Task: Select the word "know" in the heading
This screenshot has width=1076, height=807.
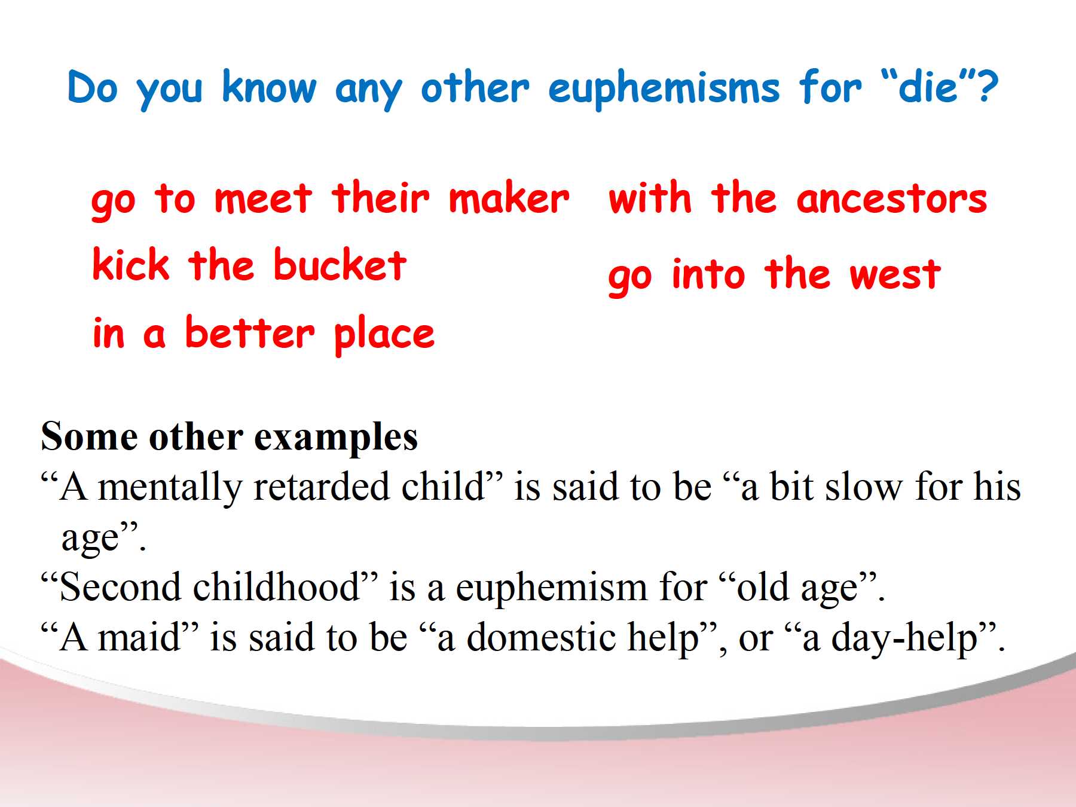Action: coord(269,87)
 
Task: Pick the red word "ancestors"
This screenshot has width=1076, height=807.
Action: coord(891,199)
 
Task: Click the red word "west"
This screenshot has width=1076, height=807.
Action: coord(895,275)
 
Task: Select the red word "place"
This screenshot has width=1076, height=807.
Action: coord(384,335)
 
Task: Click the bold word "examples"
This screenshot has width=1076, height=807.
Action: coord(336,438)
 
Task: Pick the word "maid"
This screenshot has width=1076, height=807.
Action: coord(139,637)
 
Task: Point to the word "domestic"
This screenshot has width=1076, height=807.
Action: coord(541,637)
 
